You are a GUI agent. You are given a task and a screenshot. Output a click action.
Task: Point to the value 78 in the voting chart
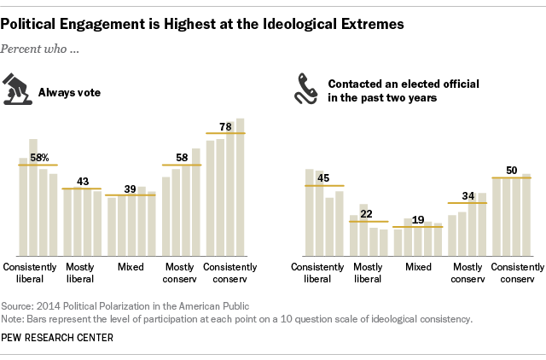226,126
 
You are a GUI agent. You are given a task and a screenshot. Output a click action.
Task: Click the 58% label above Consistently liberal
38,158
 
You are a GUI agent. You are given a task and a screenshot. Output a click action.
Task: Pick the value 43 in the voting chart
84,182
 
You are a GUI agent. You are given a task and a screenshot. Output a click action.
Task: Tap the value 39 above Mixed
131,188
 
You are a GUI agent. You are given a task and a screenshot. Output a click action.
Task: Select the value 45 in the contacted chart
324,178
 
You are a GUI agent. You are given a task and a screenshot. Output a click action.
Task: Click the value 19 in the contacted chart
418,219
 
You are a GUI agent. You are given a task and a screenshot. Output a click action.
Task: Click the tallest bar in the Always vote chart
241,188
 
